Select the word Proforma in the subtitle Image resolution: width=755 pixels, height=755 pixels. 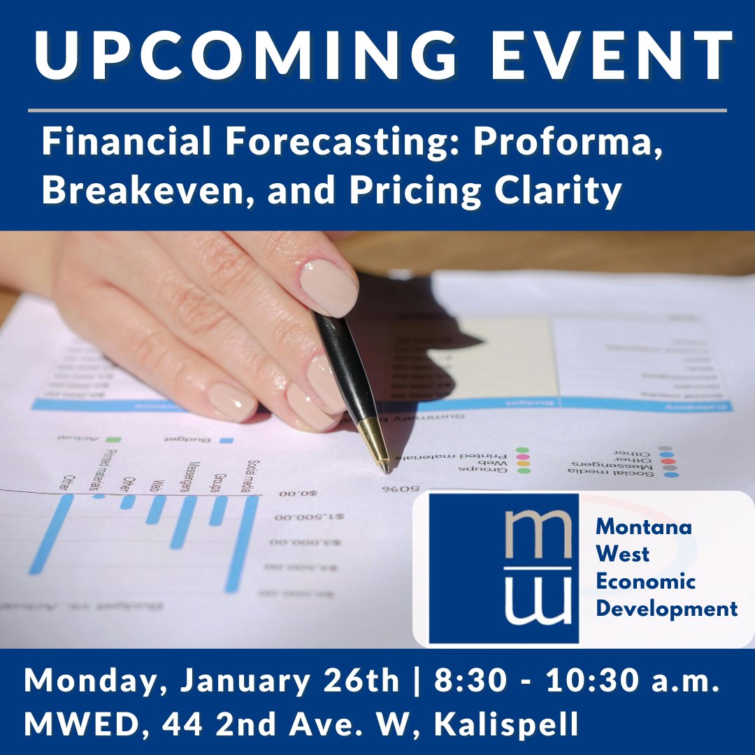point(568,143)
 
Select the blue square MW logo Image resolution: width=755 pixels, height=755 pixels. point(503,568)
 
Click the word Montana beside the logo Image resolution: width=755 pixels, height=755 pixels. point(643,526)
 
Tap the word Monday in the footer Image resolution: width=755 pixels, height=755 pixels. point(94,681)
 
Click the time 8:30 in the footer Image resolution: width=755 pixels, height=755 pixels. point(466,681)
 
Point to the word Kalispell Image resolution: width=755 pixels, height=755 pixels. point(507,724)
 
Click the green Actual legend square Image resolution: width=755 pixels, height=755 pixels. point(113,440)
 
